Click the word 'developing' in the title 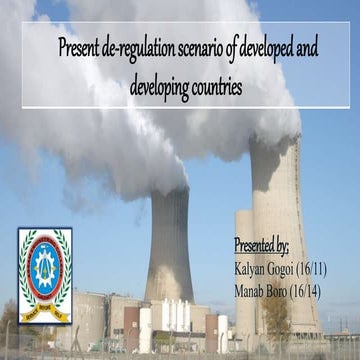(159, 87)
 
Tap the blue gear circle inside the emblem (45, 268)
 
